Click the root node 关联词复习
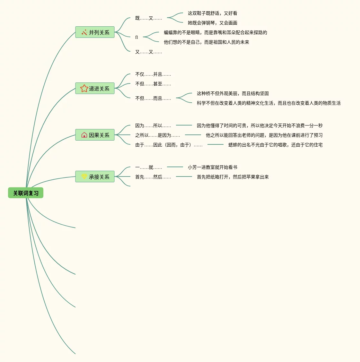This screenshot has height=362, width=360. [x=26, y=193]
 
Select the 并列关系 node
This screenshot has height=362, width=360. [x=95, y=32]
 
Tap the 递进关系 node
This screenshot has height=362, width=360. [x=95, y=88]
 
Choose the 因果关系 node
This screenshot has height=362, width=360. [x=95, y=135]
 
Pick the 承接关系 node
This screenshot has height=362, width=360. [x=95, y=177]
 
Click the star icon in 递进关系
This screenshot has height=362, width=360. [x=84, y=88]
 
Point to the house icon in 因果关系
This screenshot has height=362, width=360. [x=84, y=135]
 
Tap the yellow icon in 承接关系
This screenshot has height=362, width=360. [x=84, y=177]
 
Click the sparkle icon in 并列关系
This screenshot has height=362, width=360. [x=84, y=32]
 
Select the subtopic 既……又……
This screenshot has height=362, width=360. [x=148, y=18]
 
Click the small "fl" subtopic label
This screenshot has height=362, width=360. [x=136, y=37]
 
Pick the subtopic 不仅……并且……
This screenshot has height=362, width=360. [x=153, y=74]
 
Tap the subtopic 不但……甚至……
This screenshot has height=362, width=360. [x=153, y=84]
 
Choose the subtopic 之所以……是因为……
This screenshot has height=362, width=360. [x=157, y=135]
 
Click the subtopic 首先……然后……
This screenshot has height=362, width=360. [x=153, y=177]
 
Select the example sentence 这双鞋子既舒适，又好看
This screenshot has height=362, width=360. [x=212, y=13]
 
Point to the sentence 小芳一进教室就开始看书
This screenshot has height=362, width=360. [x=212, y=167]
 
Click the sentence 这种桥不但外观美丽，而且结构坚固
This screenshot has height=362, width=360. [x=233, y=93]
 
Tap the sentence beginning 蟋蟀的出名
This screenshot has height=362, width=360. [x=275, y=145]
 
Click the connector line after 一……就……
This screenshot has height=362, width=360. [x=175, y=167]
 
